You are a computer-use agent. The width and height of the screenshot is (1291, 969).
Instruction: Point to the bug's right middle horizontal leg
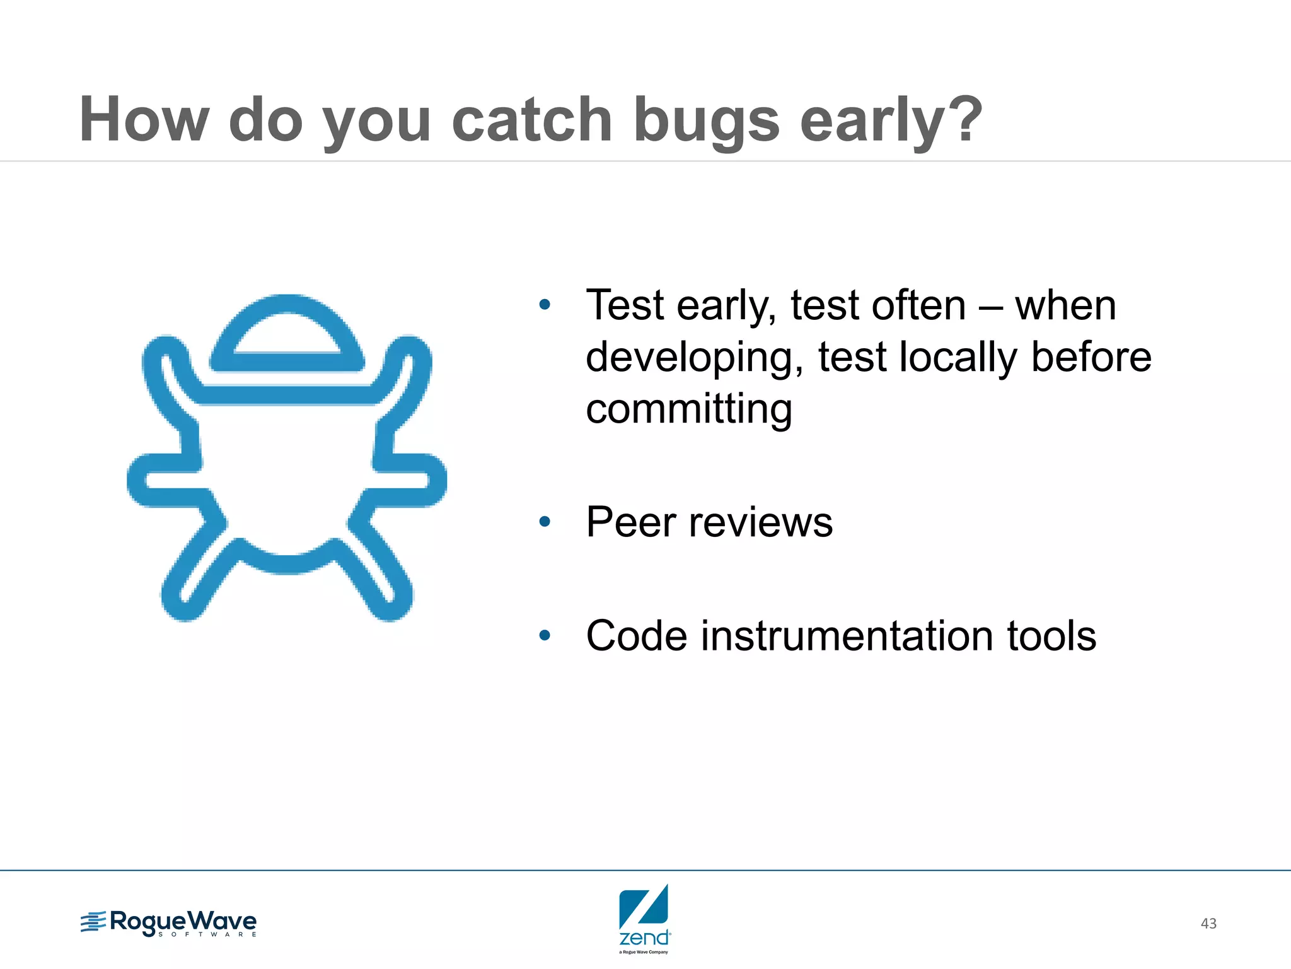pyautogui.click(x=410, y=479)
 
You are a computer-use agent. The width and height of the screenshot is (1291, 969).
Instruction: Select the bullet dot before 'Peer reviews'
pyautogui.click(x=545, y=522)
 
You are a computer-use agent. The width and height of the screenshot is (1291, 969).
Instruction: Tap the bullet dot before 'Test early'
pyautogui.click(x=545, y=305)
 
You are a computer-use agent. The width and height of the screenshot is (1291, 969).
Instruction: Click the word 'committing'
pyautogui.click(x=688, y=409)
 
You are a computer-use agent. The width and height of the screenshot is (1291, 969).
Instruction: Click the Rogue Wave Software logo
pyautogui.click(x=169, y=923)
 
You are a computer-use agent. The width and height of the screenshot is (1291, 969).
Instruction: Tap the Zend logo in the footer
pyautogui.click(x=644, y=918)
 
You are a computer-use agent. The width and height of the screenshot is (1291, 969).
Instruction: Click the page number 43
pyautogui.click(x=1208, y=924)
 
